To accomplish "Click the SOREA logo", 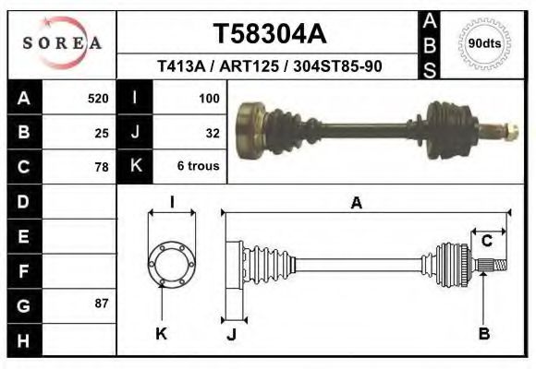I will click(x=62, y=43).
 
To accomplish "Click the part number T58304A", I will click(x=269, y=33).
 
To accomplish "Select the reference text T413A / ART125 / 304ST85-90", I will click(x=269, y=66).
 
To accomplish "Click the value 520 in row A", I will click(x=97, y=98).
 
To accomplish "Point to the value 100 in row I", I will click(x=208, y=98).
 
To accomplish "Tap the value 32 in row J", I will click(x=212, y=133).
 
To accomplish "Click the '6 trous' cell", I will click(x=197, y=168).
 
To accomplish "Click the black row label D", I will click(x=23, y=201).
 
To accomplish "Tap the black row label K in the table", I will click(x=135, y=167).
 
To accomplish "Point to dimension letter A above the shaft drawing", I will click(x=356, y=205).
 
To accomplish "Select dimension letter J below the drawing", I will click(x=231, y=334).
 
